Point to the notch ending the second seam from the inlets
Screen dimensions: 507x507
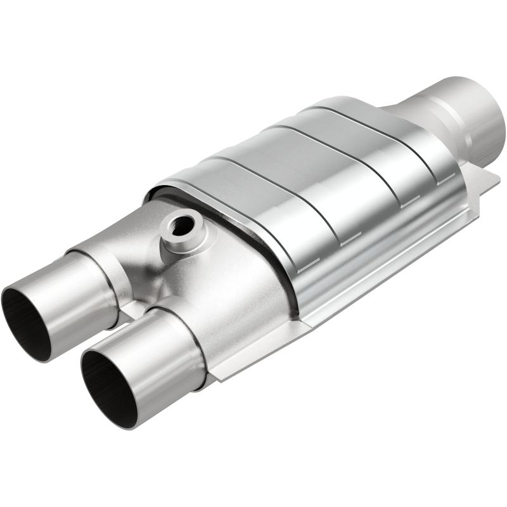342,241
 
